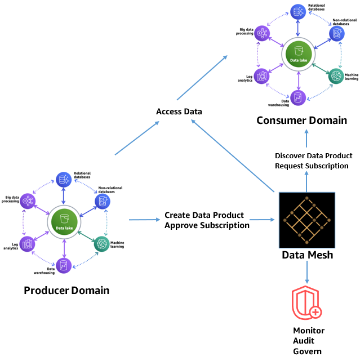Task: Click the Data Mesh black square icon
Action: point(307,220)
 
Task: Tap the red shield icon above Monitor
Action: point(306,303)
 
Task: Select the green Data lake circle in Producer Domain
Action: point(64,222)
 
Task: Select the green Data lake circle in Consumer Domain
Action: point(299,54)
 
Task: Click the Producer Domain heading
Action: point(66,290)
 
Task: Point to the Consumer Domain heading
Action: point(302,121)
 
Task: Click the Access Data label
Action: point(179,112)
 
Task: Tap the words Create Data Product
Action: point(204,215)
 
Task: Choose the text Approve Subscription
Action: point(207,225)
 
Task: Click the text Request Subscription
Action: point(312,166)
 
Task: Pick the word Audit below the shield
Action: point(304,341)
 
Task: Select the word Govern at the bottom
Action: point(307,351)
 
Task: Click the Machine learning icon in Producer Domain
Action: point(101,244)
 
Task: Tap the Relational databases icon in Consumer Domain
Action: point(298,12)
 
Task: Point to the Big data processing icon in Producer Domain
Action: point(28,201)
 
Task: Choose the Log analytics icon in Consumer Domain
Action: point(261,76)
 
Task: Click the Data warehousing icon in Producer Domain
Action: point(64,266)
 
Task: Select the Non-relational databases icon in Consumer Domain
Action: point(337,34)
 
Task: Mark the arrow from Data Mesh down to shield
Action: point(307,273)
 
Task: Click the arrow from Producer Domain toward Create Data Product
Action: point(144,220)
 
